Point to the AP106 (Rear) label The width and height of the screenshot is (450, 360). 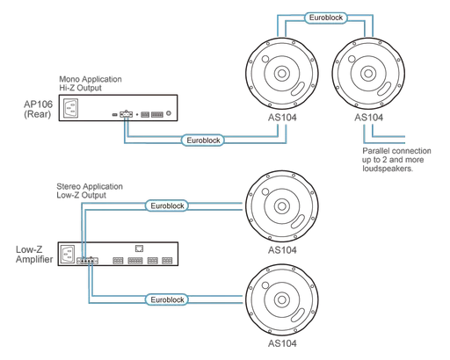click(x=36, y=110)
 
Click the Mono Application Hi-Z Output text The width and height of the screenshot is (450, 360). click(x=91, y=82)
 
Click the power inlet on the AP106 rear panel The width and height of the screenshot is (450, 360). click(x=71, y=109)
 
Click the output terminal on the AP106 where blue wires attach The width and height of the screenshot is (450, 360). click(x=126, y=113)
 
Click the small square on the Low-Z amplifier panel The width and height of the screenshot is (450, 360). click(x=139, y=249)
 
